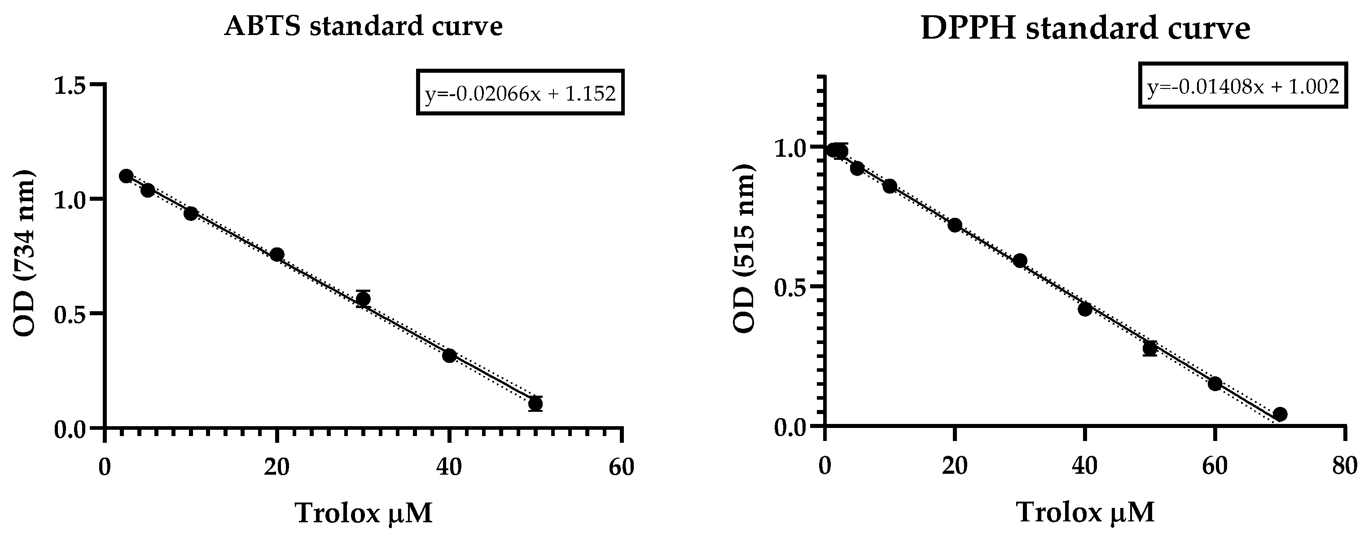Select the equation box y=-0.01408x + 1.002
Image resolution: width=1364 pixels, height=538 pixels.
point(1243,86)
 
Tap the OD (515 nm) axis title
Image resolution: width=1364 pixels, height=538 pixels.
point(744,249)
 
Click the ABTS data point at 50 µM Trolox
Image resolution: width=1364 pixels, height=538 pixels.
point(535,404)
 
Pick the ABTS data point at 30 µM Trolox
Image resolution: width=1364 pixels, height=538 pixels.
point(363,299)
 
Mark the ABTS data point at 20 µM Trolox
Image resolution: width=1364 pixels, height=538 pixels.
point(277,255)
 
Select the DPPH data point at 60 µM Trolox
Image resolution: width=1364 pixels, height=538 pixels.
point(1215,383)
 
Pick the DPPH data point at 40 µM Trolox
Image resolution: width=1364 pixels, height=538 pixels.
point(1085,309)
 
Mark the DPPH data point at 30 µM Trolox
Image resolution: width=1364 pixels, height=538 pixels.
point(1020,260)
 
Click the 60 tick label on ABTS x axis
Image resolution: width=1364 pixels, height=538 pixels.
point(621,467)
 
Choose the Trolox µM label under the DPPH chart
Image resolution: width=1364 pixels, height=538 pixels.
point(1085,512)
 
